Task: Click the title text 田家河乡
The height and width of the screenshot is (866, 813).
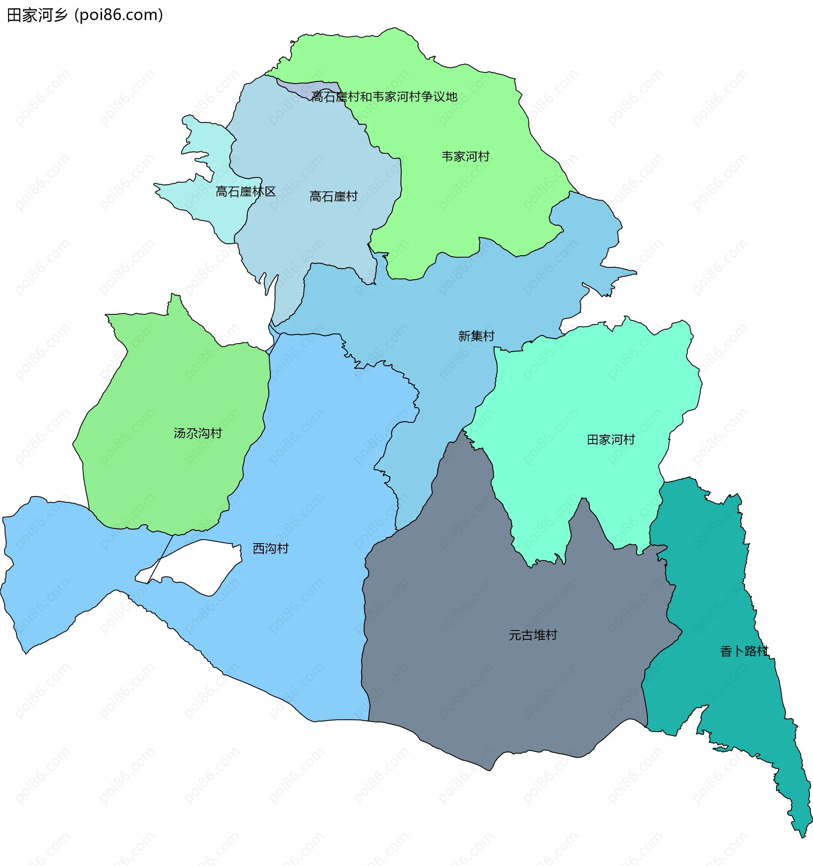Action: [37, 15]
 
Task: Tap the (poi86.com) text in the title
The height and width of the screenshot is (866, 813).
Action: [119, 15]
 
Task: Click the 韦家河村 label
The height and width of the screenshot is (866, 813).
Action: [465, 156]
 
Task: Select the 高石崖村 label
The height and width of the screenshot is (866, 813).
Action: [333, 197]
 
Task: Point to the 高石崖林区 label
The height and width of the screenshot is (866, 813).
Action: [246, 192]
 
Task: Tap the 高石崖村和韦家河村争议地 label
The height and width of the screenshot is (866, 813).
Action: [384, 97]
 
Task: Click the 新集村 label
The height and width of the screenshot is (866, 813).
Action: [476, 336]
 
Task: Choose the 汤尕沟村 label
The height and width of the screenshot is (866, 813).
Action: [198, 433]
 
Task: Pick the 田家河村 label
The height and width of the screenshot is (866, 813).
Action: [611, 439]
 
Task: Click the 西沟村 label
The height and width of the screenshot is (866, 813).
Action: [271, 548]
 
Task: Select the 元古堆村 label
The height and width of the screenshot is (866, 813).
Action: [533, 635]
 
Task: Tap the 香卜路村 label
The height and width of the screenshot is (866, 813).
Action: [744, 651]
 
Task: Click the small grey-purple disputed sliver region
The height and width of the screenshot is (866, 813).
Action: [305, 87]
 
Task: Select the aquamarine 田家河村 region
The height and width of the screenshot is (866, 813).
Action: [579, 392]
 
